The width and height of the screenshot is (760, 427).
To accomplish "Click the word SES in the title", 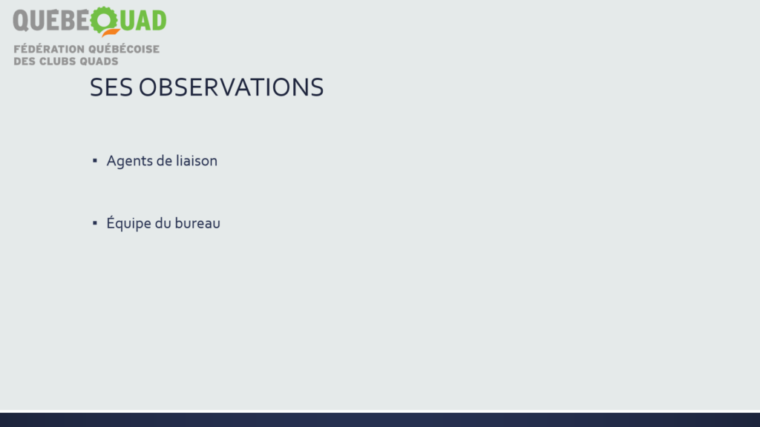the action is click(x=111, y=87).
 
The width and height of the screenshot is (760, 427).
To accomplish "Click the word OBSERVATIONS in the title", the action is click(x=232, y=87).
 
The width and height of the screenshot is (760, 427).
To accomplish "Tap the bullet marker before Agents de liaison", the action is click(x=94, y=160).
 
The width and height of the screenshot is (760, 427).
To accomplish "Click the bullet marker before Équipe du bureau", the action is click(x=94, y=222).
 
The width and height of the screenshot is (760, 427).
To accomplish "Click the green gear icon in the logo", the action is click(x=104, y=20).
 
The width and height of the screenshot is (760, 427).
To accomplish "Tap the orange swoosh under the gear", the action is click(x=111, y=33).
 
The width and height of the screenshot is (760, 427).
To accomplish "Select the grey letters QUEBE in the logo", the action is click(x=51, y=21).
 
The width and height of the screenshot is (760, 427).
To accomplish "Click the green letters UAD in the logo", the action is click(x=143, y=21).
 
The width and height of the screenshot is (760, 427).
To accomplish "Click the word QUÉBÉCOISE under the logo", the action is click(x=124, y=49).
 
